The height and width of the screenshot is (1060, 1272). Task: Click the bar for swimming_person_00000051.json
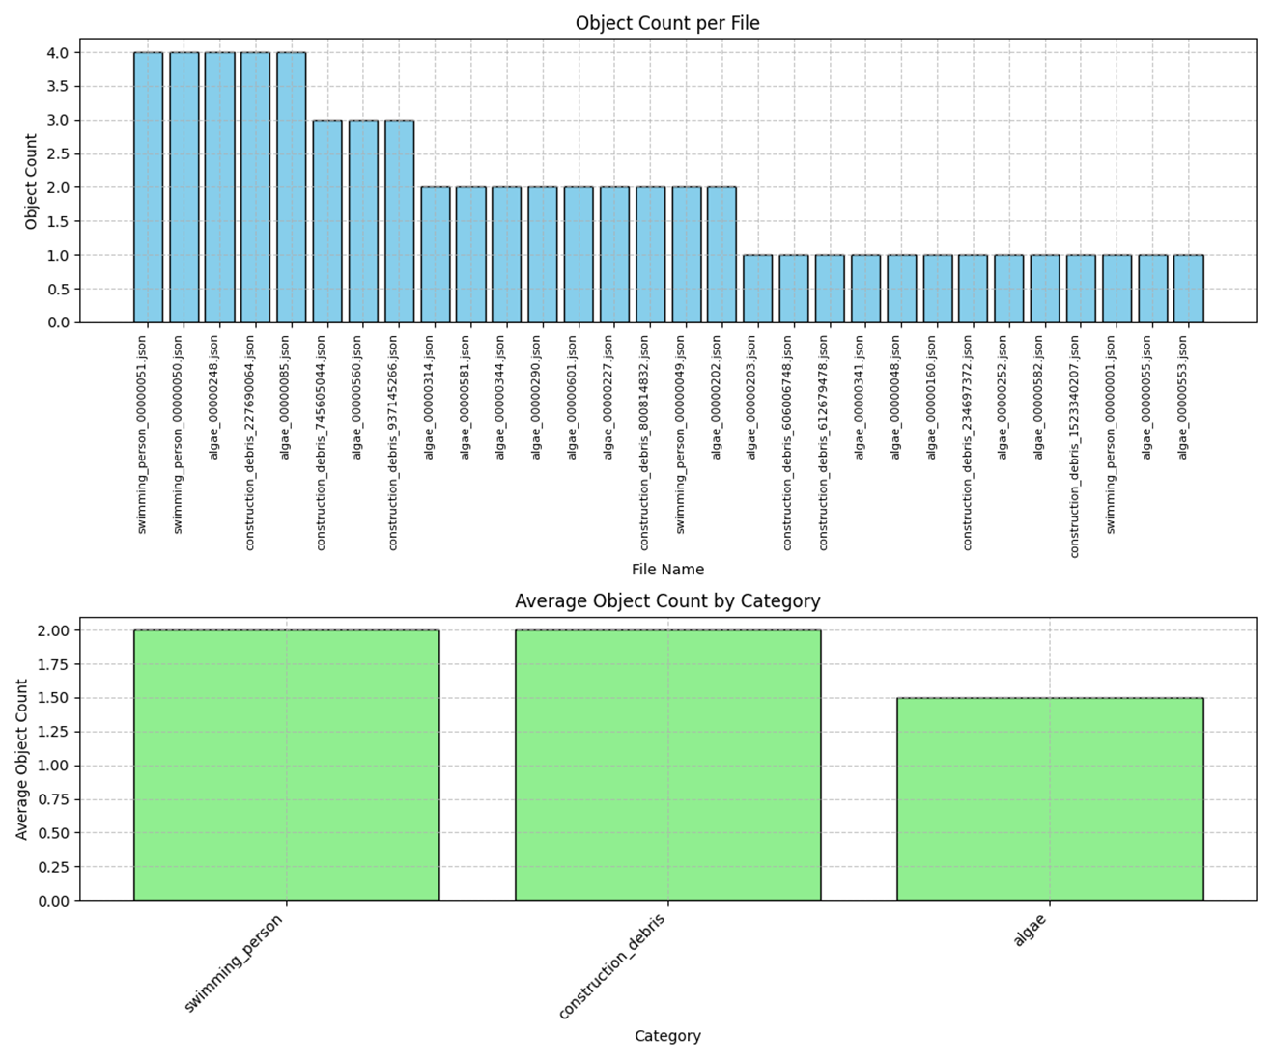pyautogui.click(x=148, y=187)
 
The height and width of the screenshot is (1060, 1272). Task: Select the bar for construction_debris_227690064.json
pyautogui.click(x=255, y=187)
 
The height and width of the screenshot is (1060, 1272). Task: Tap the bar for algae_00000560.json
pyautogui.click(x=363, y=221)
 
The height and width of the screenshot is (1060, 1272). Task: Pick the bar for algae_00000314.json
pyautogui.click(x=435, y=255)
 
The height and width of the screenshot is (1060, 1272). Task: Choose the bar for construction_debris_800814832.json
pyautogui.click(x=650, y=255)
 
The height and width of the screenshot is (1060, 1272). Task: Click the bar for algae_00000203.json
pyautogui.click(x=757, y=289)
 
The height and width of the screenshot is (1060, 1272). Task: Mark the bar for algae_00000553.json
pyautogui.click(x=1188, y=289)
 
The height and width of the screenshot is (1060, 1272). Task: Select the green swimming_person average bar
pyautogui.click(x=286, y=765)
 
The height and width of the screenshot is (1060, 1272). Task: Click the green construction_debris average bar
pyautogui.click(x=667, y=765)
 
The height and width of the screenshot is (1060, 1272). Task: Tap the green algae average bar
pyautogui.click(x=1050, y=798)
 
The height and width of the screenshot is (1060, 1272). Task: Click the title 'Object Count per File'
pyautogui.click(x=667, y=23)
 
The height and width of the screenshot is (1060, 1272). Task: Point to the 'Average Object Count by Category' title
pyautogui.click(x=667, y=600)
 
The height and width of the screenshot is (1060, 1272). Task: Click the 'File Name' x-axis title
pyautogui.click(x=667, y=570)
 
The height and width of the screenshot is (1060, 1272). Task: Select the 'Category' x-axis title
pyautogui.click(x=667, y=1036)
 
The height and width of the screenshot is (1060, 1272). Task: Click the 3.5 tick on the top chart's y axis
pyautogui.click(x=57, y=87)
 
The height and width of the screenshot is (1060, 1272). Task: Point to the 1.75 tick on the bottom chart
pyautogui.click(x=53, y=664)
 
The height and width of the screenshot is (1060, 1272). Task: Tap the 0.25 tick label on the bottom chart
pyautogui.click(x=53, y=867)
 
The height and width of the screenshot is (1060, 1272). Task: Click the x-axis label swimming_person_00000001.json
pyautogui.click(x=1111, y=434)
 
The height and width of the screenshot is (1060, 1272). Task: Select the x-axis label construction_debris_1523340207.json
pyautogui.click(x=1074, y=446)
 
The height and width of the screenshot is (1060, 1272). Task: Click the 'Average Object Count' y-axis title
pyautogui.click(x=22, y=759)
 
